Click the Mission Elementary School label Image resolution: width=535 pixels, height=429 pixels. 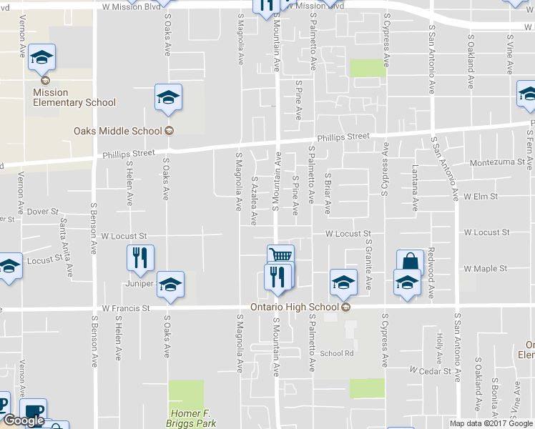coord(74,97)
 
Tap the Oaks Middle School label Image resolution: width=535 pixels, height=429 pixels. coord(118,131)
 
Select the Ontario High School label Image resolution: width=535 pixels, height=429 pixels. coord(295,307)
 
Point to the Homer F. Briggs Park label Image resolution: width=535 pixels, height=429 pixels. coord(193,418)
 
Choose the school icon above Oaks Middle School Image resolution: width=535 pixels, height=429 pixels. coord(168,97)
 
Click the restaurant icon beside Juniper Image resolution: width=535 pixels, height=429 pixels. coord(140,257)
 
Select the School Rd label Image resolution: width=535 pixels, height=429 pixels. coord(337,353)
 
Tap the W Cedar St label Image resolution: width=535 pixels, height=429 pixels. coord(431,371)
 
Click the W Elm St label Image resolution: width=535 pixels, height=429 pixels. coord(481,195)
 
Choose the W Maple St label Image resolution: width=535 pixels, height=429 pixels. coord(485,269)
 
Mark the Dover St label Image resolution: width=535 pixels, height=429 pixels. coord(44,212)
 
